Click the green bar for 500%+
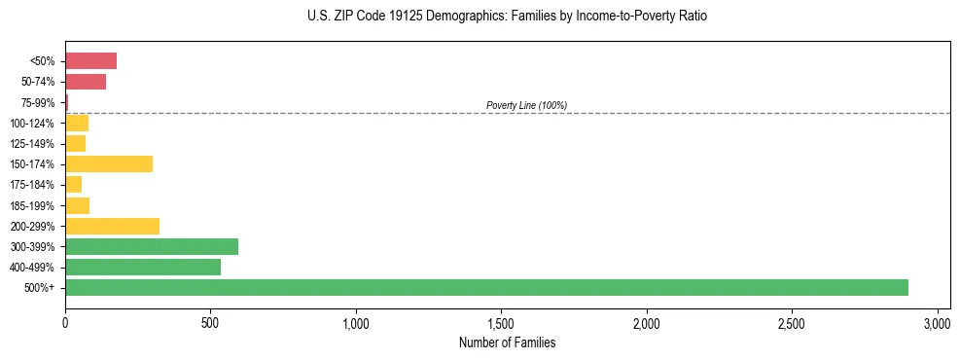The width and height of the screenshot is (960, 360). click(486, 287)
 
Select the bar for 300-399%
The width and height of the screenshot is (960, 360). click(152, 246)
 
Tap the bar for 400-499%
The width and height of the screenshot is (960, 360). click(143, 267)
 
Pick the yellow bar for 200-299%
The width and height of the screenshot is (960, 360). click(112, 226)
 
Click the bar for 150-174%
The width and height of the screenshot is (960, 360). click(109, 163)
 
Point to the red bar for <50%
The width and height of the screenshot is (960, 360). click(90, 60)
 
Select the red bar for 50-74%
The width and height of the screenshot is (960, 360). click(86, 82)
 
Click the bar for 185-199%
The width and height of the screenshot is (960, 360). click(77, 205)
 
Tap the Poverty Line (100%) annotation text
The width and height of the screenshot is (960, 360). click(526, 105)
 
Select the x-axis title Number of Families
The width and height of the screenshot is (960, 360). click(508, 342)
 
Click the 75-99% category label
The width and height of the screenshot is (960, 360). click(39, 102)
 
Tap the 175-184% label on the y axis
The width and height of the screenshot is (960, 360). click(33, 185)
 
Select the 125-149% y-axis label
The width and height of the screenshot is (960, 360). click(33, 144)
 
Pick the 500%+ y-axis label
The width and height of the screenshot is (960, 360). click(41, 288)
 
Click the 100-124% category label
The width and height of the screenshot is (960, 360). click(33, 124)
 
